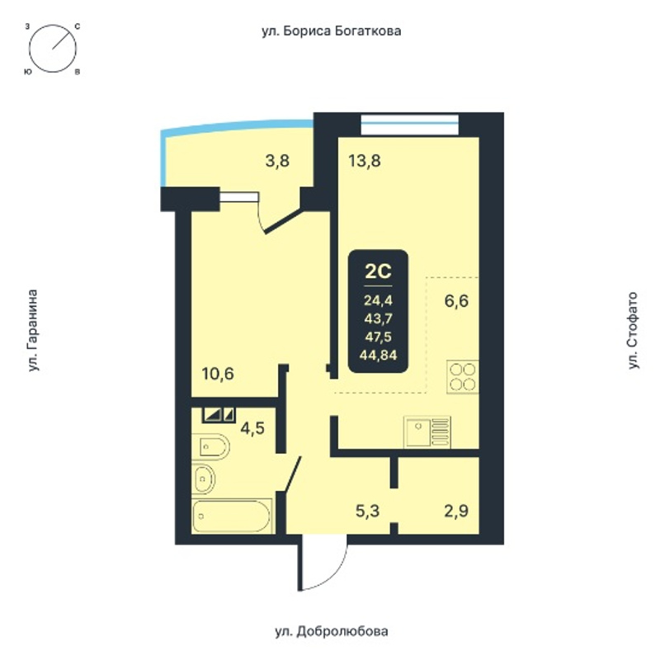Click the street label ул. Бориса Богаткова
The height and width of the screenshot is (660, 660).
(x=332, y=31)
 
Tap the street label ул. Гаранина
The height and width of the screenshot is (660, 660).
(x=32, y=331)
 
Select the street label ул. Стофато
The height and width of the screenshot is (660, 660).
(x=633, y=331)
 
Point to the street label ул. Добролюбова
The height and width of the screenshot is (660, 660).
(x=332, y=631)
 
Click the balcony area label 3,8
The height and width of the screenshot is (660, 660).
(x=277, y=161)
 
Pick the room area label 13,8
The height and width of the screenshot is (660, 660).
(x=365, y=161)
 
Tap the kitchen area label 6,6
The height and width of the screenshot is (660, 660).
(x=457, y=301)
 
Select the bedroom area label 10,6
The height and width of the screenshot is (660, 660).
(x=218, y=374)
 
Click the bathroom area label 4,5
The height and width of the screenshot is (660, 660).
(x=252, y=429)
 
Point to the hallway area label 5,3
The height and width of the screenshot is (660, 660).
(x=367, y=511)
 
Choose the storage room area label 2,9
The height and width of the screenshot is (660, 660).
(x=457, y=511)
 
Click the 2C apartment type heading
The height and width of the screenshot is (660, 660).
(x=378, y=272)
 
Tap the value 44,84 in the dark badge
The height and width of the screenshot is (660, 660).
(x=378, y=356)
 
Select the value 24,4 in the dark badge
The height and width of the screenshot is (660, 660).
(x=378, y=300)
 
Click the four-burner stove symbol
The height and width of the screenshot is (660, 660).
(x=463, y=377)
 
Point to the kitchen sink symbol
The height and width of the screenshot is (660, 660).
(x=427, y=431)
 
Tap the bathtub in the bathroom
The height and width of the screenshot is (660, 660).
(x=233, y=516)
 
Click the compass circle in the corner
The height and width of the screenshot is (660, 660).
(x=53, y=49)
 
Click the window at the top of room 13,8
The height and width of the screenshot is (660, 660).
(x=409, y=125)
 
